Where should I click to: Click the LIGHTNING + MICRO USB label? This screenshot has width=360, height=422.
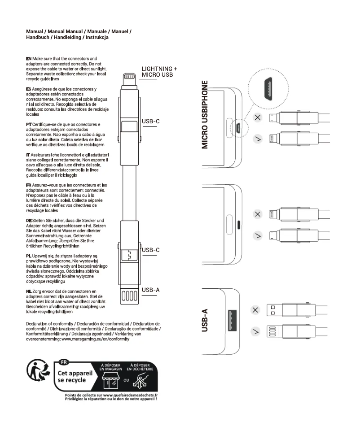pos(159,72)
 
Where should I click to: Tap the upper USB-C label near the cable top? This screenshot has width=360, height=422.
pos(150,121)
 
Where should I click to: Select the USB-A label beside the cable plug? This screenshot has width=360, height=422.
pos(150,290)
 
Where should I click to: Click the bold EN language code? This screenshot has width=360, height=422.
pos(29,59)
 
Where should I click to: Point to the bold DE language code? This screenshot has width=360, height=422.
pos(29,221)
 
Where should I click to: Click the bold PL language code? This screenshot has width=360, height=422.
pos(29,255)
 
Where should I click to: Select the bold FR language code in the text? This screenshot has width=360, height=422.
pos(29,184)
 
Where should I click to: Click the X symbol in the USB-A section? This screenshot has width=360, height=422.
pos(256,310)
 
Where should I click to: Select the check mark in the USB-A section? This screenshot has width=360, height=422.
pos(256,332)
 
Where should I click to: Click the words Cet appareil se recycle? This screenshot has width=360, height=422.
pos(75,376)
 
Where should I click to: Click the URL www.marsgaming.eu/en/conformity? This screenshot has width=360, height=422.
pos(96,339)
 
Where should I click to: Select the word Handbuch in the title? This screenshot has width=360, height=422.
pos(39,38)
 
